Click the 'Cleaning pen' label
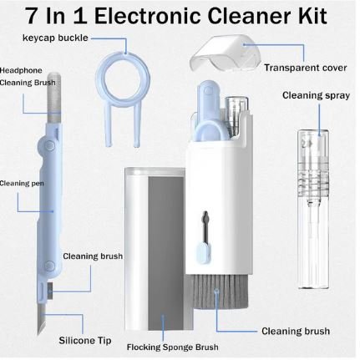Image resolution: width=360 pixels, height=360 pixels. [x=17, y=182]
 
